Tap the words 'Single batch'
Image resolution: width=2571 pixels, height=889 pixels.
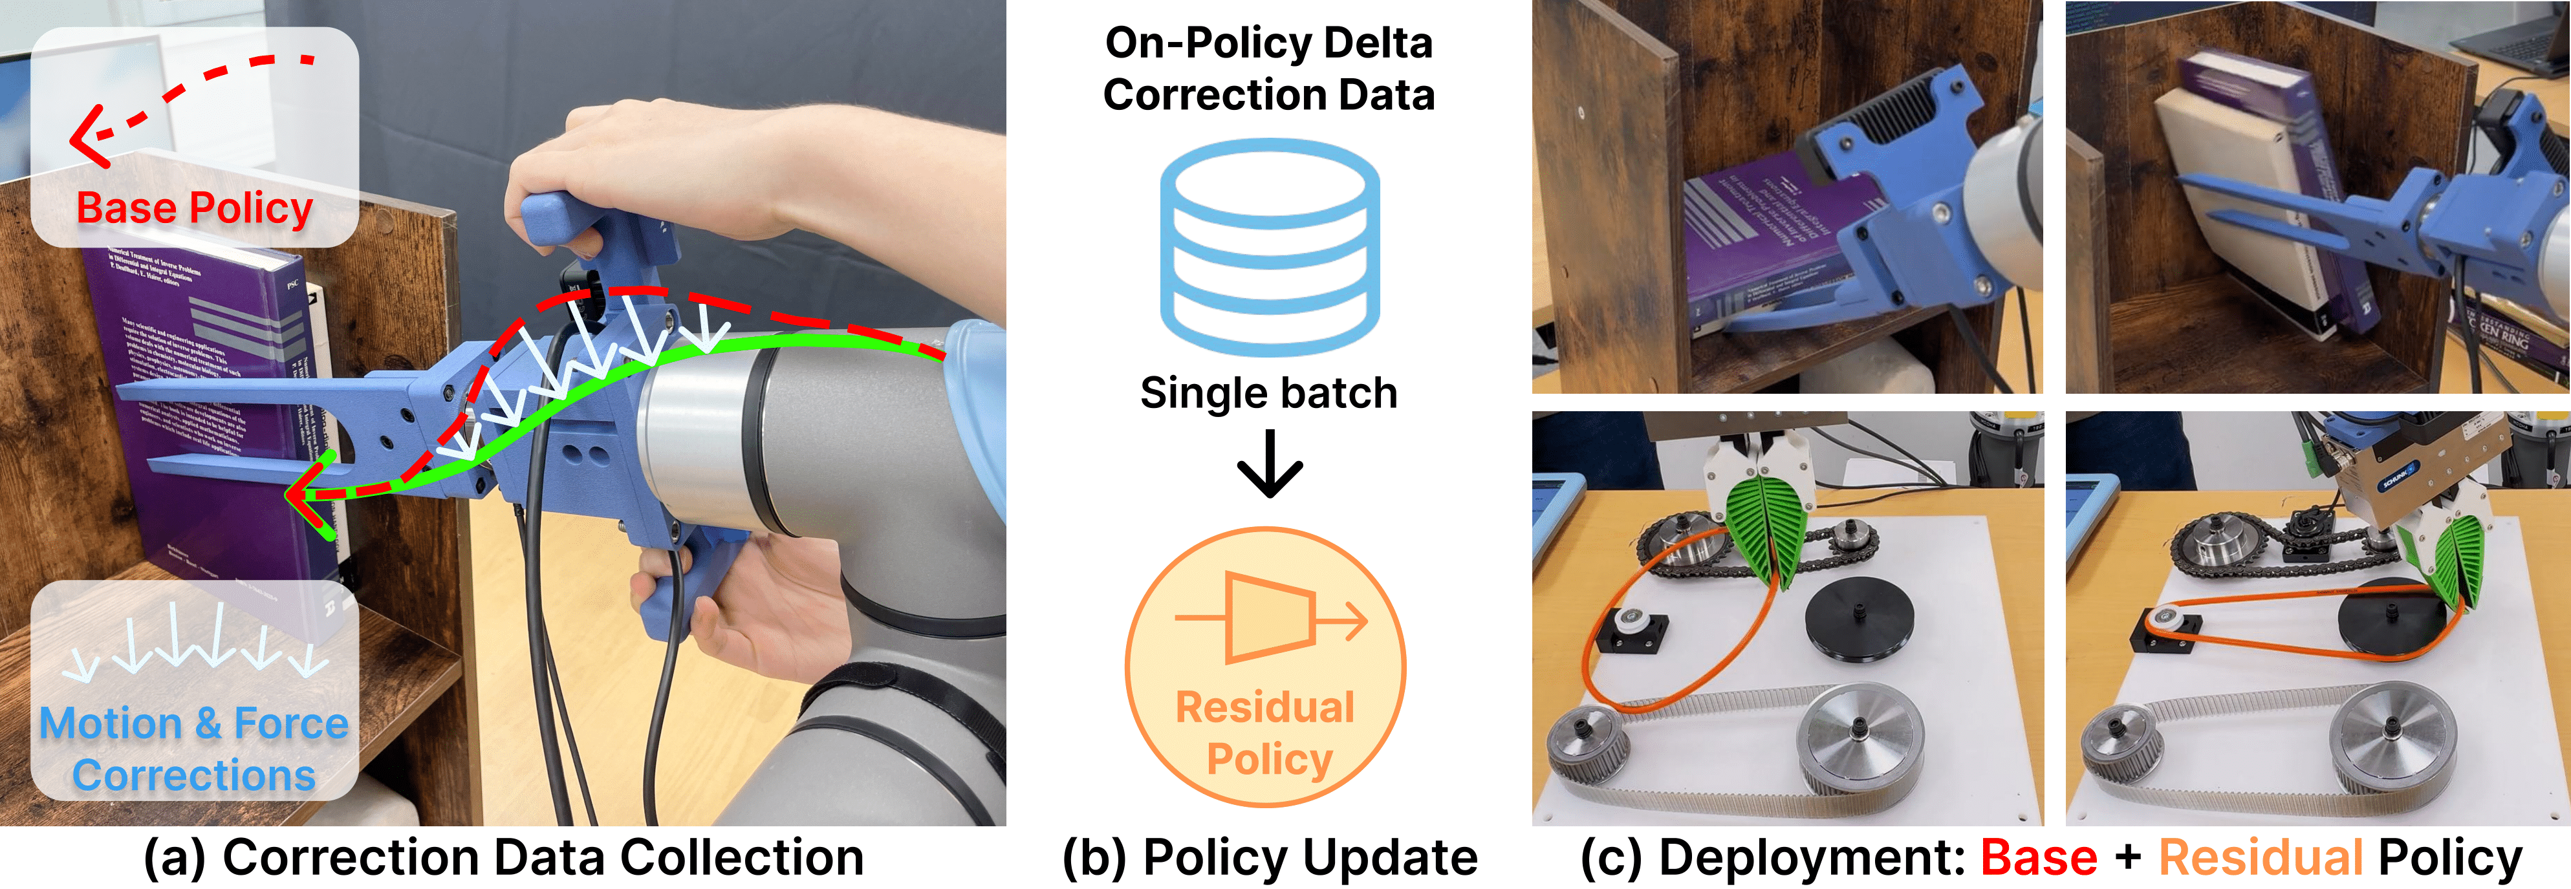(1268, 393)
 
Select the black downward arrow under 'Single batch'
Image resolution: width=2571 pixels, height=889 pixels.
(1268, 465)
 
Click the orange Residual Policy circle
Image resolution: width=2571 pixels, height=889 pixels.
(1266, 667)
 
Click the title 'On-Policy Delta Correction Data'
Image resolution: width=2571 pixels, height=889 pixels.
(1268, 69)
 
